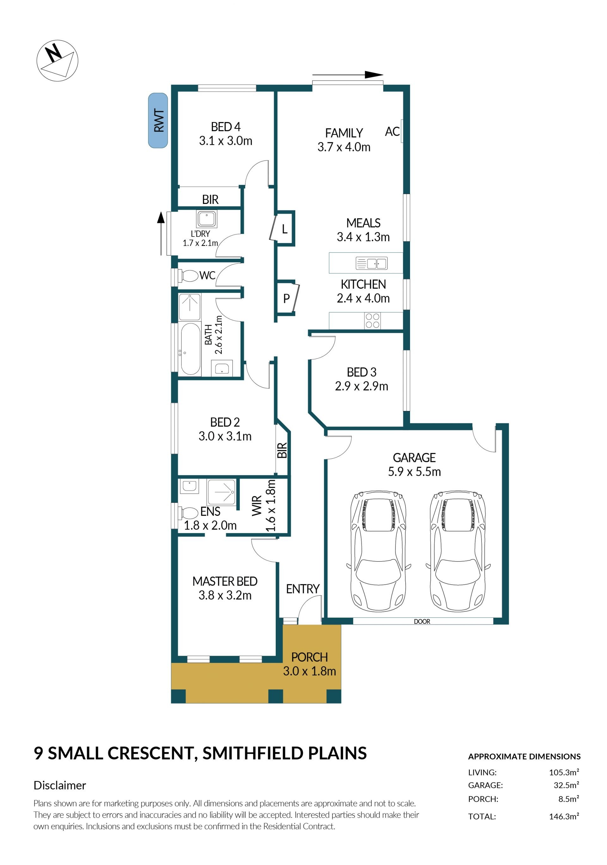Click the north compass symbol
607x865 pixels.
point(57,60)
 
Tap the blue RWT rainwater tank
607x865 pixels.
point(158,120)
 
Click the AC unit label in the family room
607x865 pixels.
point(392,132)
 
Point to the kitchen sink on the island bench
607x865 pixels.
point(371,263)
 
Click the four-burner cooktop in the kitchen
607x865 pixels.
point(372,321)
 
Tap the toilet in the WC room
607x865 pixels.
point(188,276)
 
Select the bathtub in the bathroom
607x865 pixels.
point(191,349)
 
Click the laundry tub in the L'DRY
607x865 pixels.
point(206,219)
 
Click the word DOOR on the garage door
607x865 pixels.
point(422,622)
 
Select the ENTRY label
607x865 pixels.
point(303,589)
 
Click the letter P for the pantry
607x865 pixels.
point(286,298)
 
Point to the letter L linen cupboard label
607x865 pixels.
point(285,229)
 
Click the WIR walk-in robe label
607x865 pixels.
point(257,506)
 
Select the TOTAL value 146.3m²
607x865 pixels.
point(564,816)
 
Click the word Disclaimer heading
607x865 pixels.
point(60,785)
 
